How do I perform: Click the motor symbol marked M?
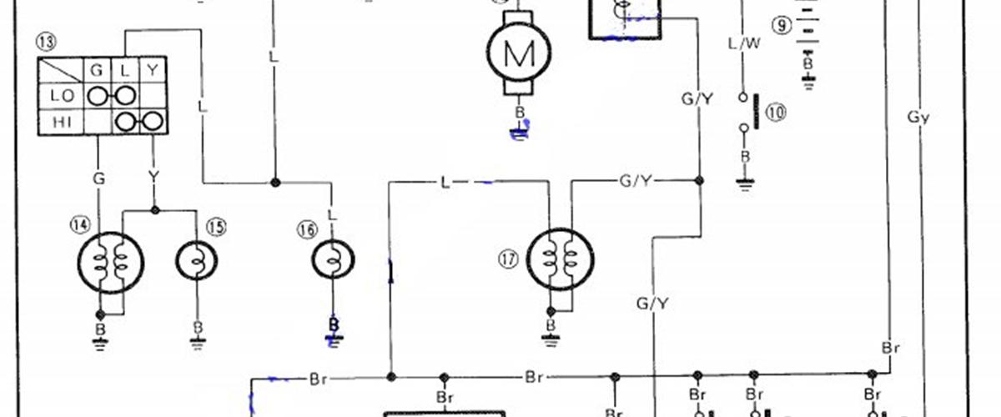519,53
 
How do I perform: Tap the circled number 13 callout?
46,42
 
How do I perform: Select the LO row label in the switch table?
62,96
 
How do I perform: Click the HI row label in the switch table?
62,122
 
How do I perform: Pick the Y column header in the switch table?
153,70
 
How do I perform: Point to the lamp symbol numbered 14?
111,263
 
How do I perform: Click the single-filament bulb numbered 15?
197,260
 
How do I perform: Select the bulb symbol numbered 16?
333,259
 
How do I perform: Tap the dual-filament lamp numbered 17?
561,259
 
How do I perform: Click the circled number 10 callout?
776,113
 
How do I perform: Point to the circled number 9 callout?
782,25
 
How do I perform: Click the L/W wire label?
744,44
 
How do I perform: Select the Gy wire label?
918,117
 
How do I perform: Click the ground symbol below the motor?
519,133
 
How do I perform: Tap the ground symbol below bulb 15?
198,344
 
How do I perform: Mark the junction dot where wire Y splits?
154,210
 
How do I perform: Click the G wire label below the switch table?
98,178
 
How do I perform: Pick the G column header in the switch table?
97,70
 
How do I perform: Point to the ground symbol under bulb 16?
334,341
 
